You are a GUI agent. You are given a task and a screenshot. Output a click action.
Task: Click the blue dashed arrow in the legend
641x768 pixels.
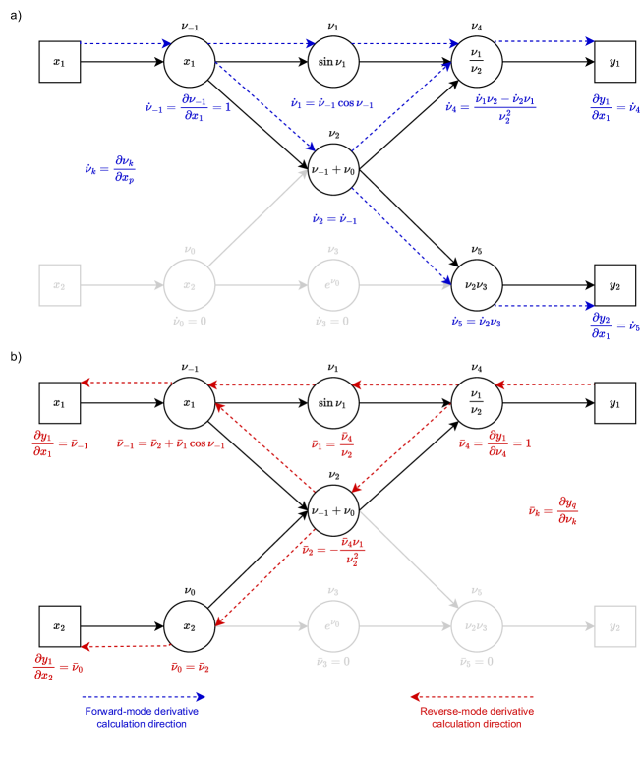pos(144,696)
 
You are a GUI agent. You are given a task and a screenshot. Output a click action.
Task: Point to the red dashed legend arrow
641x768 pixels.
pos(472,696)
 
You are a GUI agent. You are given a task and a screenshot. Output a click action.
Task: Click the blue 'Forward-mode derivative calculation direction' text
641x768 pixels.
pos(142,717)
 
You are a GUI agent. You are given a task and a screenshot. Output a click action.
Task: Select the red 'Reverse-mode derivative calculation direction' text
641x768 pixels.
pos(476,717)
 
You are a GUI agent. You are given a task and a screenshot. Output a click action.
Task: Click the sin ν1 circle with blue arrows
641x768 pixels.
pos(333,62)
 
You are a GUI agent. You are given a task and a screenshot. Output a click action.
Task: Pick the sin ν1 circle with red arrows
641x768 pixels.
pos(333,403)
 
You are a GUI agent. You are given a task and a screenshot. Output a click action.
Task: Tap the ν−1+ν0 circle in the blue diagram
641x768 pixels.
pos(333,169)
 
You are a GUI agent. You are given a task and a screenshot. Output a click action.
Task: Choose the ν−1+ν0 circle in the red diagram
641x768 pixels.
pos(333,510)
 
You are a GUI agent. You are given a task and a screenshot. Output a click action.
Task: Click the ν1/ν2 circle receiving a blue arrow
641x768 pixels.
pos(477,62)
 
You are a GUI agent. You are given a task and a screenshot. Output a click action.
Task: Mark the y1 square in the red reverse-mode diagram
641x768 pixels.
pos(614,403)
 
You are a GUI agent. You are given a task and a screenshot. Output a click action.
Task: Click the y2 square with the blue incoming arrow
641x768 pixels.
pos(614,285)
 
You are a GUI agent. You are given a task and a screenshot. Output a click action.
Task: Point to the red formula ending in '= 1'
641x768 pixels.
pos(495,443)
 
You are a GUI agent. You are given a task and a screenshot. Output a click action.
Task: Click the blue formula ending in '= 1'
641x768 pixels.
pos(188,106)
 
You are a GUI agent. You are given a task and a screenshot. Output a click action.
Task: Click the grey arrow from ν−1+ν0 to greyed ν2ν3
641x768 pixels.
pos(408,559)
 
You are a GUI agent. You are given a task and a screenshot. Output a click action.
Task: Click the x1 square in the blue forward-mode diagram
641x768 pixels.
pos(59,62)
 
